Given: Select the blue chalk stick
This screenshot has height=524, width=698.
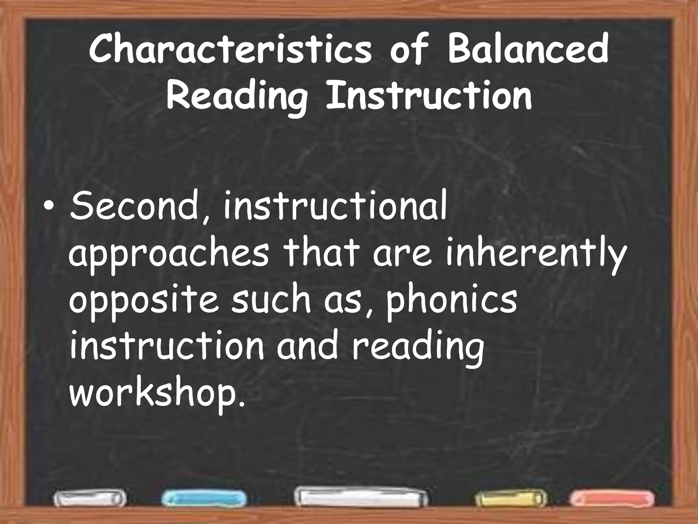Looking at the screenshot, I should [204, 498].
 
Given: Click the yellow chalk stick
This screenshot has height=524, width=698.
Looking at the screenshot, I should [510, 499].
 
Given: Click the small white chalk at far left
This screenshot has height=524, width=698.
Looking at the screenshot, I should [89, 499].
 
